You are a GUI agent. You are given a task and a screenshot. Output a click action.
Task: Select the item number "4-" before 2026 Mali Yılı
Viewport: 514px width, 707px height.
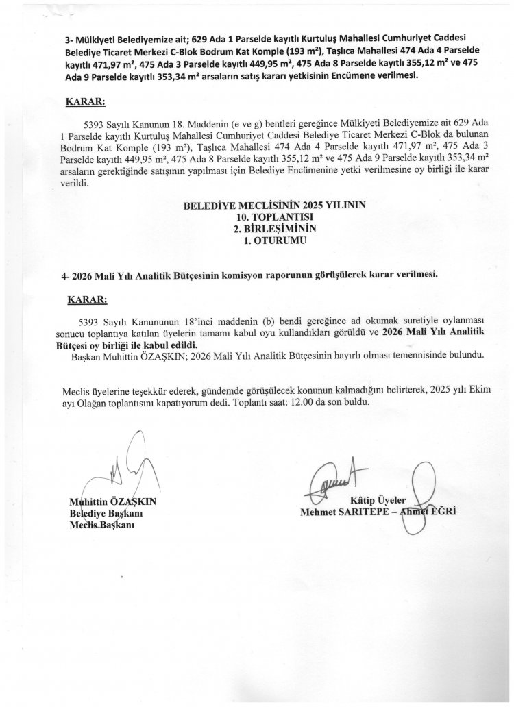point(66,274)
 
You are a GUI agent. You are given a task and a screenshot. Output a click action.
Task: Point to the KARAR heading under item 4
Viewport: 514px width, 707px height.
point(87,300)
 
